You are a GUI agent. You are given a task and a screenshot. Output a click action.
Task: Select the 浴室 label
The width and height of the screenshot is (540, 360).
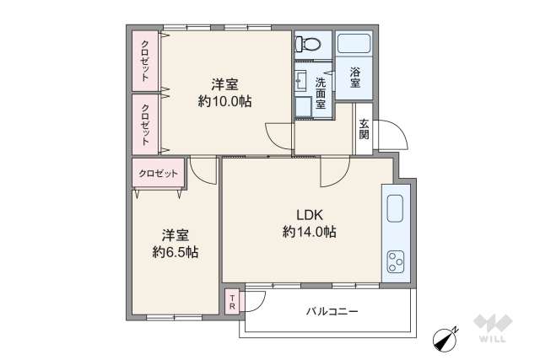pyautogui.click(x=355, y=78)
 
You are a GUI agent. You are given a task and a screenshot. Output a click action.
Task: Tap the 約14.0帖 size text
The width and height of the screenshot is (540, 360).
pyautogui.click(x=309, y=231)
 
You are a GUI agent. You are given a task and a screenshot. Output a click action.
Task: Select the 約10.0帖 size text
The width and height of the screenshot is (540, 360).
pyautogui.click(x=224, y=101)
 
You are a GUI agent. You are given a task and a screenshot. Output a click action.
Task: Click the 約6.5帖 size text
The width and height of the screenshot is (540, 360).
pyautogui.click(x=175, y=251)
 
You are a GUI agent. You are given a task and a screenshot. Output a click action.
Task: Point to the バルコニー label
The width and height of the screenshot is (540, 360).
pyautogui.click(x=332, y=312)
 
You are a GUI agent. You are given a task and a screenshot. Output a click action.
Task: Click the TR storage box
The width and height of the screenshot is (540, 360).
pyautogui.click(x=233, y=301)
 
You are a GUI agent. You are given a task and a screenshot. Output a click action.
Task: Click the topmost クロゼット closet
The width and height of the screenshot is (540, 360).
pyautogui.click(x=146, y=61)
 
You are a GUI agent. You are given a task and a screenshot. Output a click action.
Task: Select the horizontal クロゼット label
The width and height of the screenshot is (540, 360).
pyautogui.click(x=158, y=173)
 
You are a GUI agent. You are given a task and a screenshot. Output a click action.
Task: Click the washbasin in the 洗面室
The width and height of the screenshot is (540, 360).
pyautogui.click(x=301, y=81)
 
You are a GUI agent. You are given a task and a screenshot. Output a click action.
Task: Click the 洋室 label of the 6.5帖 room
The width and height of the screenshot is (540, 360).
pyautogui.click(x=175, y=234)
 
